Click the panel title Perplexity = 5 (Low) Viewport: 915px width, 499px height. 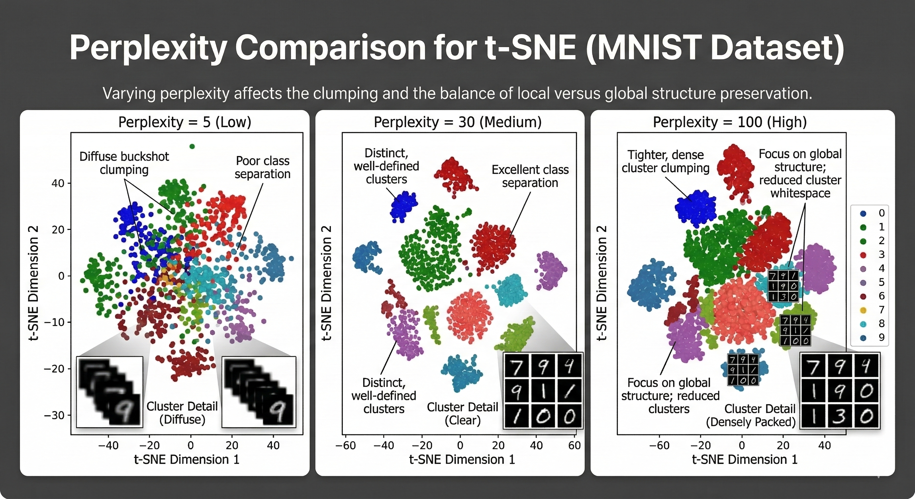[185, 122]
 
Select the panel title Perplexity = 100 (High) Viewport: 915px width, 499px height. [729, 122]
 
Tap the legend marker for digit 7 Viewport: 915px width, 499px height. [863, 310]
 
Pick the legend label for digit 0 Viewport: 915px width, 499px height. [881, 213]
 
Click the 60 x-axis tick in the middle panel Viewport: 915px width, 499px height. [574, 445]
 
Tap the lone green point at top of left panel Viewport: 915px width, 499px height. [192, 146]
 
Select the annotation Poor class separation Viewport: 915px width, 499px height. [263, 167]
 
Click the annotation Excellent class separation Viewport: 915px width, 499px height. [530, 176]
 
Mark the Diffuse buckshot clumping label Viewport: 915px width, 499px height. [124, 163]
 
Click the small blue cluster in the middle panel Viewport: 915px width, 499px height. [403, 206]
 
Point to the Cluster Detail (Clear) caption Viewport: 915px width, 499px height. [462, 414]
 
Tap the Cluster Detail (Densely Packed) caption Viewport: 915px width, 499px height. [751, 415]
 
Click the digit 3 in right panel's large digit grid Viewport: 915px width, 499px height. [839, 416]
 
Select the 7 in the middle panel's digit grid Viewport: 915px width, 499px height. [516, 366]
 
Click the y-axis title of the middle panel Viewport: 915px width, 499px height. [327, 283]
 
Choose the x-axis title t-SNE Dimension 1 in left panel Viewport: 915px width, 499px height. [187, 460]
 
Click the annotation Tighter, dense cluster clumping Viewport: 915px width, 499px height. [665, 161]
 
